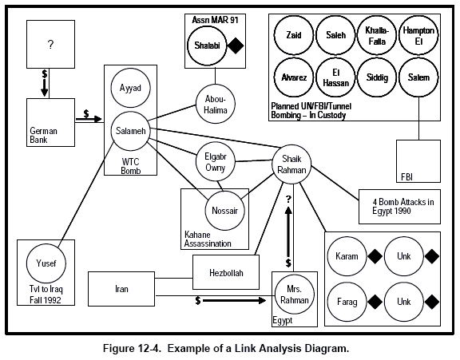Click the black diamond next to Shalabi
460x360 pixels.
(236, 45)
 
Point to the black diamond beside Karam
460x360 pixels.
(375, 256)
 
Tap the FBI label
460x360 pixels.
(406, 177)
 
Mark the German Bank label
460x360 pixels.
(43, 135)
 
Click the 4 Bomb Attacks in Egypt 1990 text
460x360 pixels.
(403, 207)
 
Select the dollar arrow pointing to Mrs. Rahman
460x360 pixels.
(231, 300)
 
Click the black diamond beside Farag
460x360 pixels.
(375, 302)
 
